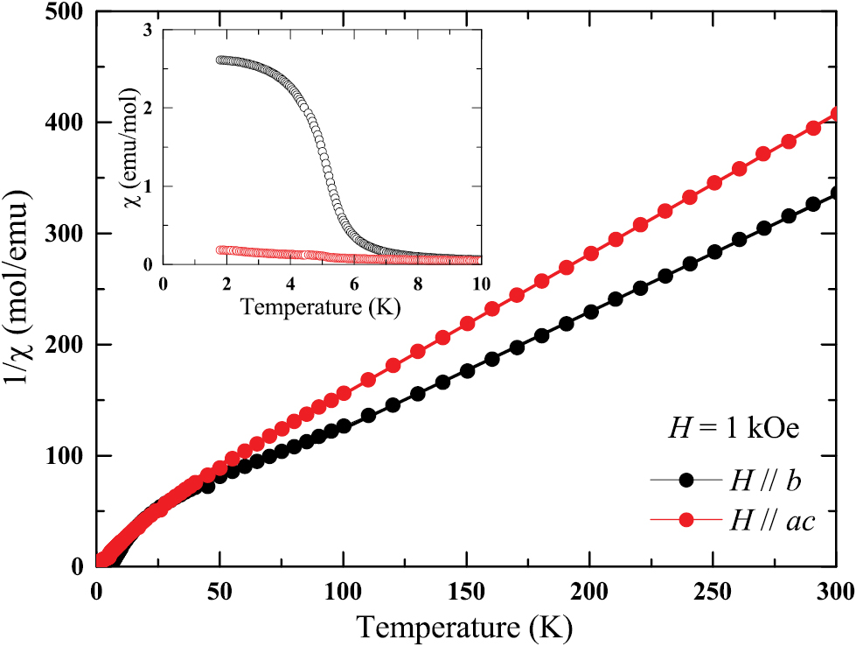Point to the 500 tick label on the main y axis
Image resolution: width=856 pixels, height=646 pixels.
[x=66, y=12]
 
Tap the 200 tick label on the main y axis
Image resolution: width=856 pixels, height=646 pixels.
[x=66, y=345]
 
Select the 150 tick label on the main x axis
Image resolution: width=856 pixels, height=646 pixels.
[x=466, y=590]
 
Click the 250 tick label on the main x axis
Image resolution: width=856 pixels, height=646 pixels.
[x=713, y=590]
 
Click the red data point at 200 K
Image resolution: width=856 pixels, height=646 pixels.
[x=590, y=253]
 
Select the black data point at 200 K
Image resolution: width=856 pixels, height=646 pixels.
[x=590, y=312]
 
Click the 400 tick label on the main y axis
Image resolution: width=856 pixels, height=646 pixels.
[x=66, y=123]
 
